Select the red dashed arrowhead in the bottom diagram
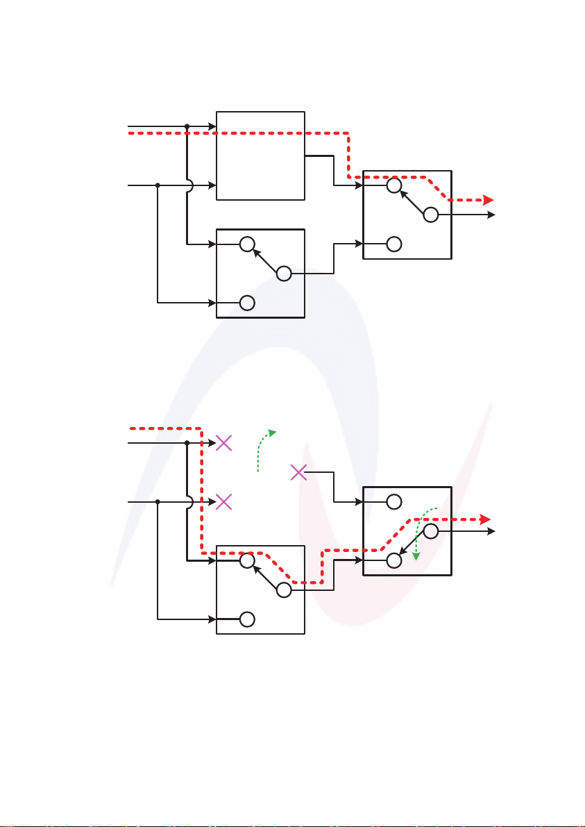tap(486, 519)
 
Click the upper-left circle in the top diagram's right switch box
tap(393, 185)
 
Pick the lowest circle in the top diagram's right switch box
tap(394, 244)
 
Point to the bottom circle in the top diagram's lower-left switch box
tap(246, 303)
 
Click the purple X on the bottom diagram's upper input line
tap(223, 443)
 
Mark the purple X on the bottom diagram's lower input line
tap(223, 501)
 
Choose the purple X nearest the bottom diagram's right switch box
tap(298, 473)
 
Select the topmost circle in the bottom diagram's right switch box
tap(394, 501)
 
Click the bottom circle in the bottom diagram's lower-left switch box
tap(246, 619)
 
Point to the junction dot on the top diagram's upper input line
tap(187, 127)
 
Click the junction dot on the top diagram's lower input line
tap(158, 185)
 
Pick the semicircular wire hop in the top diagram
tap(190, 185)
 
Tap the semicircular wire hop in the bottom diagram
tap(190, 501)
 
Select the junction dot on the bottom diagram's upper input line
tap(187, 443)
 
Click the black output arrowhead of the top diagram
tap(492, 215)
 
